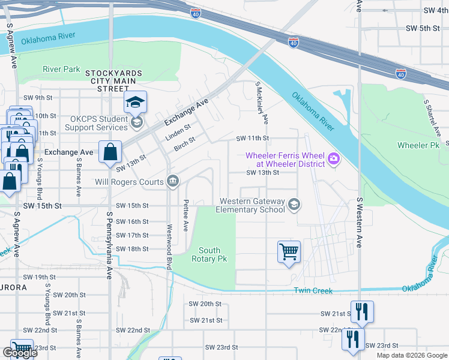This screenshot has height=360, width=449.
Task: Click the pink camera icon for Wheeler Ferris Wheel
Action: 334,159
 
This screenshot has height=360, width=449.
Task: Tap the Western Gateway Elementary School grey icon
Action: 294,205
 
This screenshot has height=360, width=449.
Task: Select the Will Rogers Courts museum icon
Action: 172,181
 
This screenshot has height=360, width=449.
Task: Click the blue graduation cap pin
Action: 136,103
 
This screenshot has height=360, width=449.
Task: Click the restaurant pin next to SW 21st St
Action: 362,311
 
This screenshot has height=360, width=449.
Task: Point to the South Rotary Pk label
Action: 209,254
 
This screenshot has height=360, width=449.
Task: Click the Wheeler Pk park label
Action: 418,146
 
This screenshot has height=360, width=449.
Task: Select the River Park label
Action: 61,69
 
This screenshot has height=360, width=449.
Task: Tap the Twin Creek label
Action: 313,290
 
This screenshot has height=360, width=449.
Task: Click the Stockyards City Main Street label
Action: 113,80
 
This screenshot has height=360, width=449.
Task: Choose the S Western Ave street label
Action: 360,222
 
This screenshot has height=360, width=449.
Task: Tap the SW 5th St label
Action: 423,28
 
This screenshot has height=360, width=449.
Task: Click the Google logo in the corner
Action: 19,353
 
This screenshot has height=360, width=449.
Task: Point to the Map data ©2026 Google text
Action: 412,355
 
